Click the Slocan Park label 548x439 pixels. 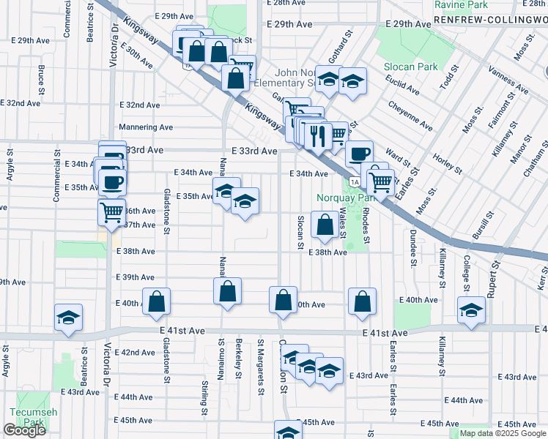410,67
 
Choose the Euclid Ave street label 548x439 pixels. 404,91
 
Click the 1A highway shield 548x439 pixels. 355,181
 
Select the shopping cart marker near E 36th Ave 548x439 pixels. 112,212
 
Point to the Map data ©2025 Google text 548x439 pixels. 502,433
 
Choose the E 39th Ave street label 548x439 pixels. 136,277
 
